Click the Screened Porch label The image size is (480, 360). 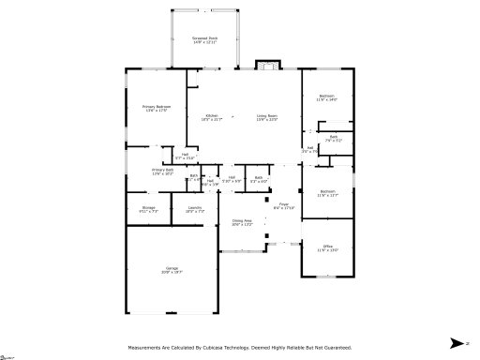click(203, 40)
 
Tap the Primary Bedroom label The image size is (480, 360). click(143, 109)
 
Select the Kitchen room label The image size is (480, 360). click(212, 117)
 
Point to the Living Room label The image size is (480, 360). click(267, 117)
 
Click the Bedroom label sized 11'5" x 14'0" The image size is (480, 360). click(326, 97)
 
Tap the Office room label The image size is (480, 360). click(326, 248)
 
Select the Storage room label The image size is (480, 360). click(148, 209)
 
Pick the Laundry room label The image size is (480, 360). click(194, 209)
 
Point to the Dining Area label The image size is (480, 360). click(243, 222)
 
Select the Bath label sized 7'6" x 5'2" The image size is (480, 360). click(333, 138)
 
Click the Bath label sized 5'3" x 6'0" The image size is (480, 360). click(259, 178)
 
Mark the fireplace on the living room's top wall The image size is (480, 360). click(267, 67)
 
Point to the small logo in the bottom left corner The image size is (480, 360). click(9, 355)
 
